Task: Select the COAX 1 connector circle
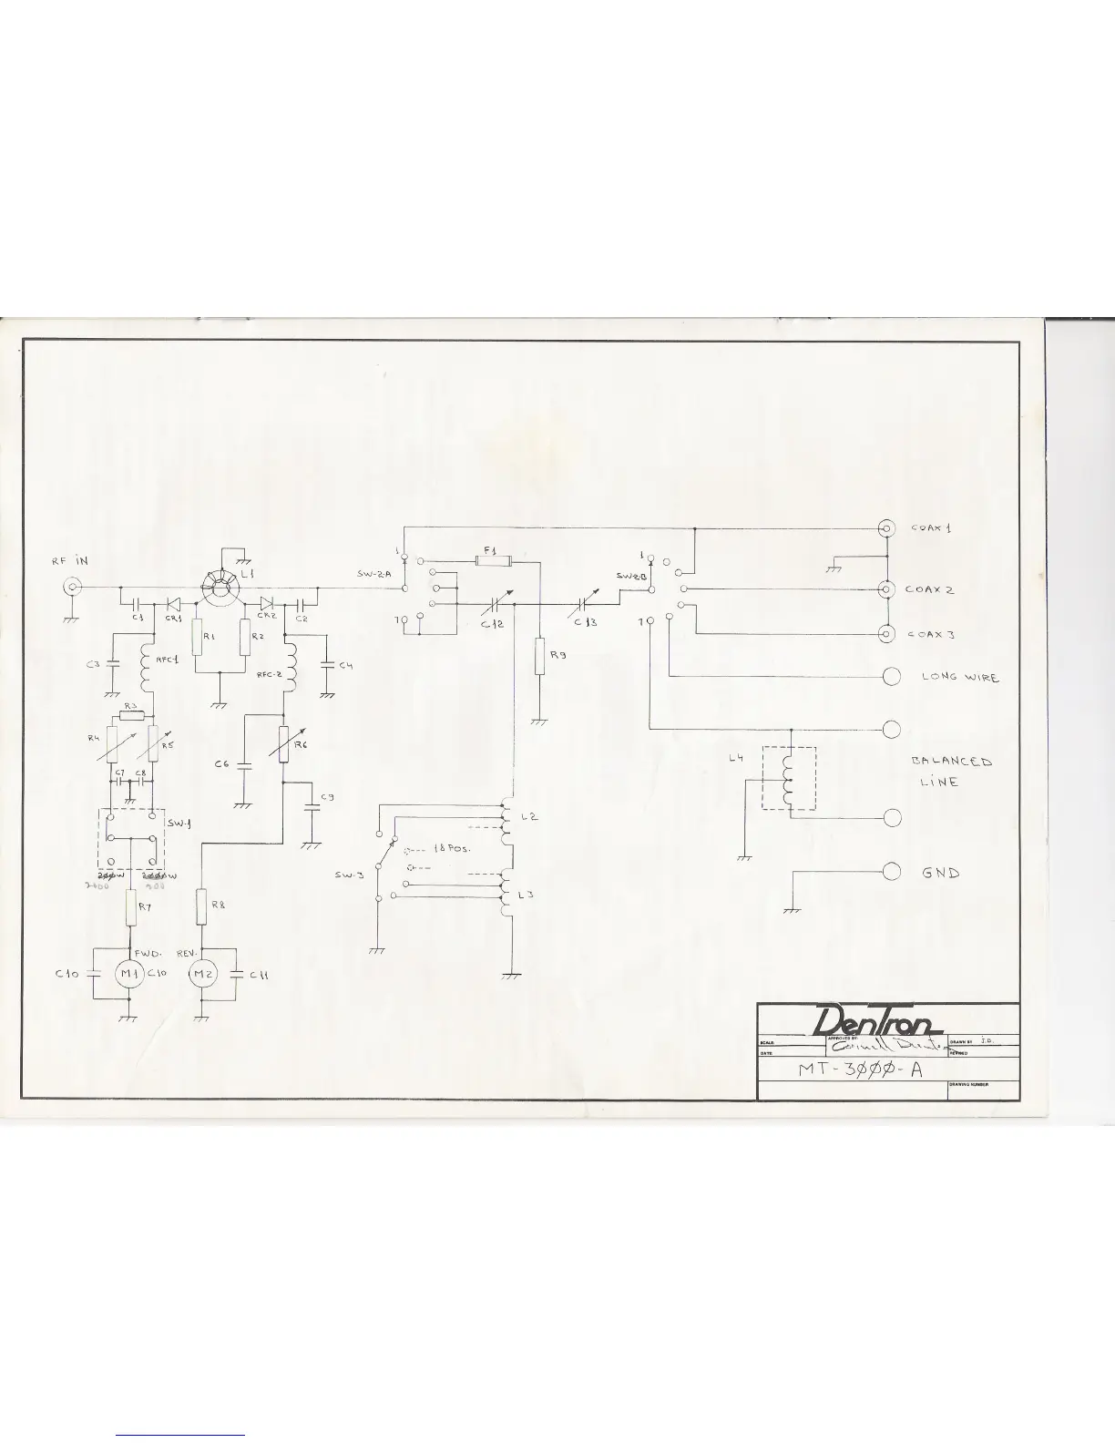point(885,528)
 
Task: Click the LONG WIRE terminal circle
point(893,676)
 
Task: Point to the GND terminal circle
point(893,872)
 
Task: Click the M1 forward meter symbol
point(127,975)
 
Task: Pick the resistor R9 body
point(539,655)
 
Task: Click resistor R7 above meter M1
point(130,908)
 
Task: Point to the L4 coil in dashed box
point(789,779)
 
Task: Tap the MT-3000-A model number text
point(860,1069)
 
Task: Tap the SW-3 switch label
point(350,875)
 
